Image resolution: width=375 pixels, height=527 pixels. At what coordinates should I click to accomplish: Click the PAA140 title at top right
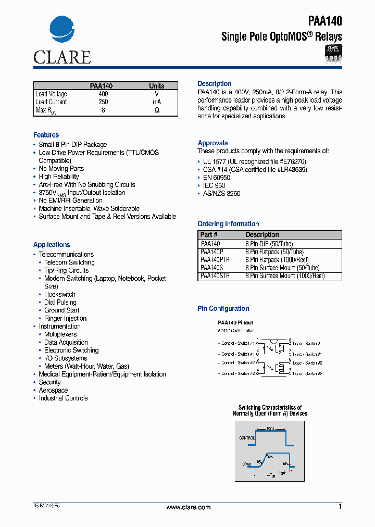click(325, 21)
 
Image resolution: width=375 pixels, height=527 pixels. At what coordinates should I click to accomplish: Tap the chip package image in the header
click(333, 54)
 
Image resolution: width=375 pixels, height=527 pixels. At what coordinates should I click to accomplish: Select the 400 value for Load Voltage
click(103, 94)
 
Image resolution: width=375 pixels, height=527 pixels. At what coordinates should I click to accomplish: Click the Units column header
click(156, 86)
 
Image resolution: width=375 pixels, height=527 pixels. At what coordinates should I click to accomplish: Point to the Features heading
click(46, 135)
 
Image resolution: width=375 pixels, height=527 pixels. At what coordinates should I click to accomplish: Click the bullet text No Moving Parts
click(61, 169)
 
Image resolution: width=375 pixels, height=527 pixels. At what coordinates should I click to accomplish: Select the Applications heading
click(52, 245)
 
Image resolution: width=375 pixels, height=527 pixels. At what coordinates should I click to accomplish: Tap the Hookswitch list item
click(59, 295)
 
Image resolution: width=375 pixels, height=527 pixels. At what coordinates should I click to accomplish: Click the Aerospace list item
click(53, 391)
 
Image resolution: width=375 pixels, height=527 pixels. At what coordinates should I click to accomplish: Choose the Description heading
click(214, 84)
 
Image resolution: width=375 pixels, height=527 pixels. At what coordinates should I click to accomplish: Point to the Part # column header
click(209, 235)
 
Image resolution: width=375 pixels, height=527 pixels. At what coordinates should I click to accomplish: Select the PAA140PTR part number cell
click(215, 259)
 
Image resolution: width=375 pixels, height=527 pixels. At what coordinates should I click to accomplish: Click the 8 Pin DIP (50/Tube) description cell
click(269, 244)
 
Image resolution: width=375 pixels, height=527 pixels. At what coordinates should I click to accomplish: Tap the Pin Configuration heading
click(223, 309)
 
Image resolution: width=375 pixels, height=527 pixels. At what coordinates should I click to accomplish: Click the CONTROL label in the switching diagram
click(247, 438)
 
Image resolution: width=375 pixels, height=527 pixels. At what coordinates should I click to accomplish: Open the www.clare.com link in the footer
click(188, 507)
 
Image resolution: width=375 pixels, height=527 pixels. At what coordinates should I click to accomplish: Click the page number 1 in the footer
click(340, 507)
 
